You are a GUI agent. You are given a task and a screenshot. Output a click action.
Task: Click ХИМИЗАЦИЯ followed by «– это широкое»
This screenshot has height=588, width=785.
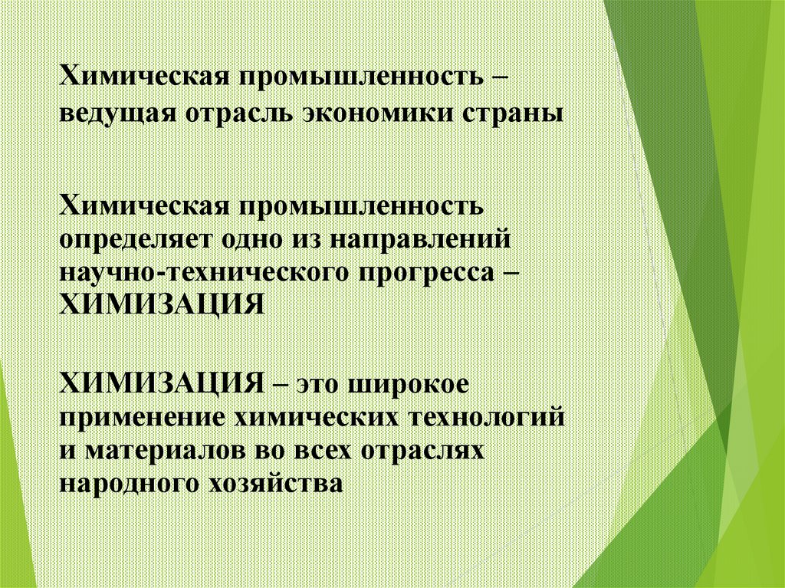tap(157, 382)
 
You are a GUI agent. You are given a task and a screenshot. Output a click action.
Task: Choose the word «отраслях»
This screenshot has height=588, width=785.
tap(417, 451)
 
